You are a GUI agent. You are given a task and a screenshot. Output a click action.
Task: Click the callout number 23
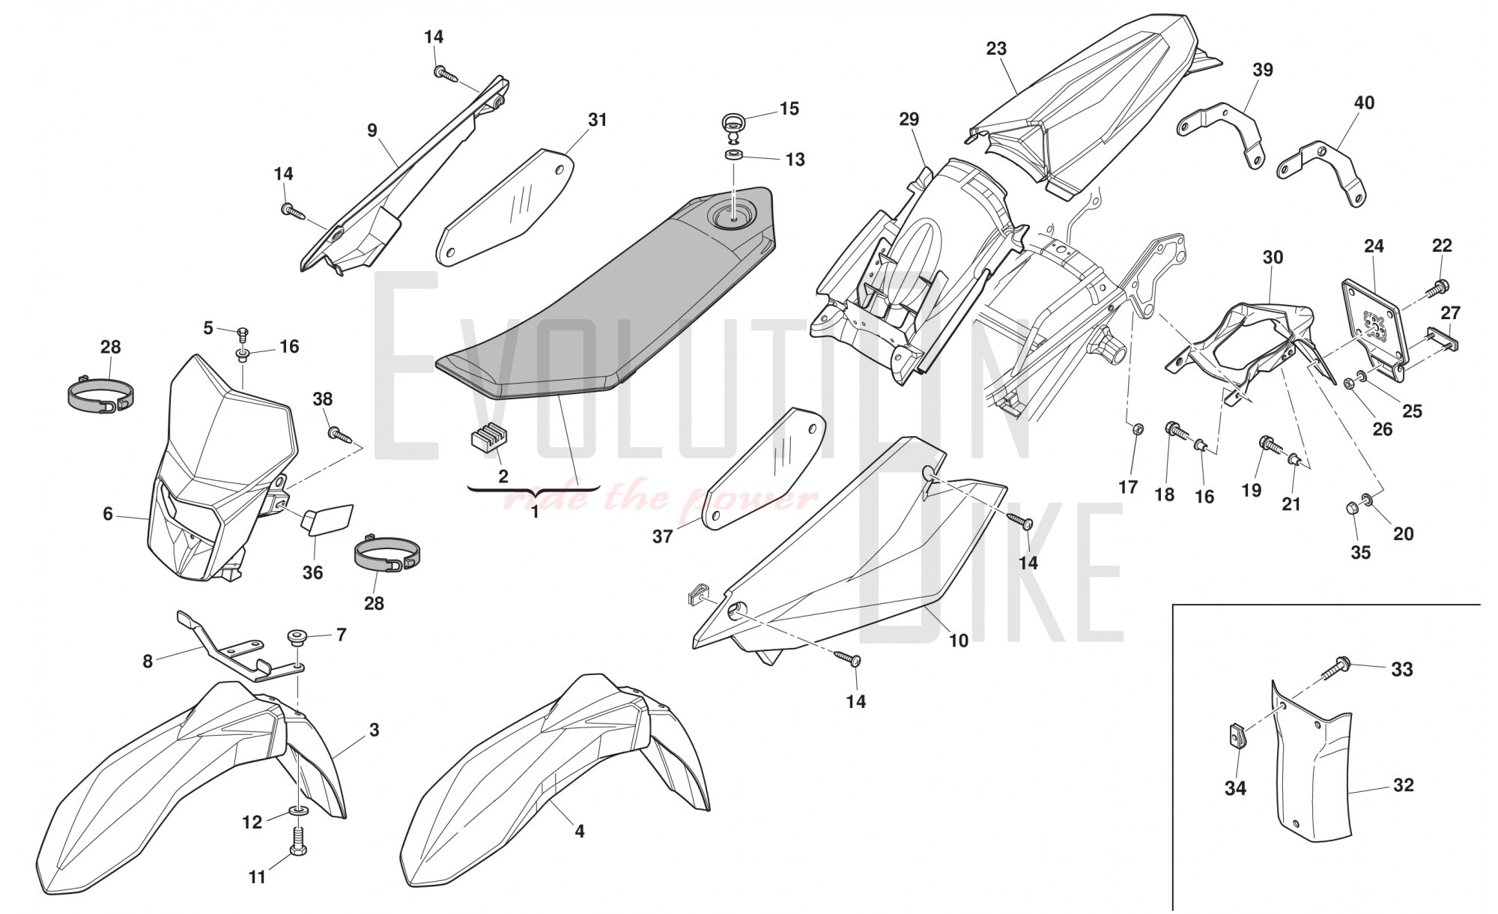tap(996, 49)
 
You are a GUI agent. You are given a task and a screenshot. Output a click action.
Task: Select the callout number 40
tap(1364, 103)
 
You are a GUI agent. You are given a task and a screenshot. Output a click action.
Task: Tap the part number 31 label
tap(597, 120)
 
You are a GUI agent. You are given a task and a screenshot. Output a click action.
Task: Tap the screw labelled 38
tap(339, 433)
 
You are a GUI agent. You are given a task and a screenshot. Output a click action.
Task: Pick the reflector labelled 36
tap(327, 518)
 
